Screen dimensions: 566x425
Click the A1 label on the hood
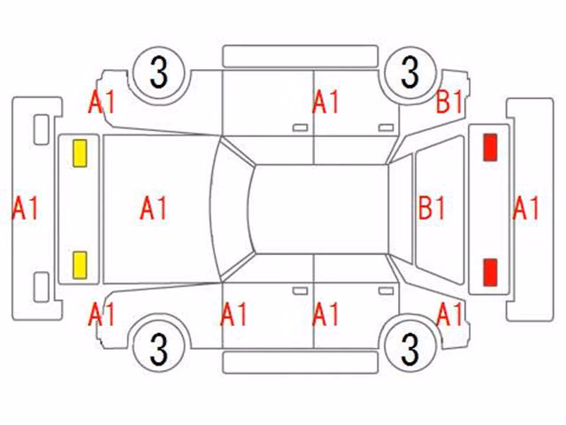153,208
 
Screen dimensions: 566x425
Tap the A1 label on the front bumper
26,208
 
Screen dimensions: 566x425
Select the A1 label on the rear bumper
525,208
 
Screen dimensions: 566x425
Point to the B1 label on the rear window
432,208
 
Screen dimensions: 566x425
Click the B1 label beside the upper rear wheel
449,102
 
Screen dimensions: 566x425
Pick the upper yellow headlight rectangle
80,153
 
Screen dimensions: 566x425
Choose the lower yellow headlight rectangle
80,266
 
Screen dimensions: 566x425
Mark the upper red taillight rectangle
490,147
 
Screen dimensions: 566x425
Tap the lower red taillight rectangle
490,272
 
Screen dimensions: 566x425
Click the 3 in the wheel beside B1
410,73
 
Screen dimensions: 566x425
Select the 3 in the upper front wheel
159,73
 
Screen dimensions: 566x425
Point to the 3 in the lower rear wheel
410,348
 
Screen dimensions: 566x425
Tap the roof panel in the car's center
321,209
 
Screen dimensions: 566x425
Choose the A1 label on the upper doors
325,102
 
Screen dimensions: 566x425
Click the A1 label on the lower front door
233,313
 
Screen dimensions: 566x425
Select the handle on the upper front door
300,127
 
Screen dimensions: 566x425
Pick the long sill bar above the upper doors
301,56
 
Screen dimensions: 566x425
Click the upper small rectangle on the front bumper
42,130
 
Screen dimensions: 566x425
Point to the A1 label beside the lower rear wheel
449,313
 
